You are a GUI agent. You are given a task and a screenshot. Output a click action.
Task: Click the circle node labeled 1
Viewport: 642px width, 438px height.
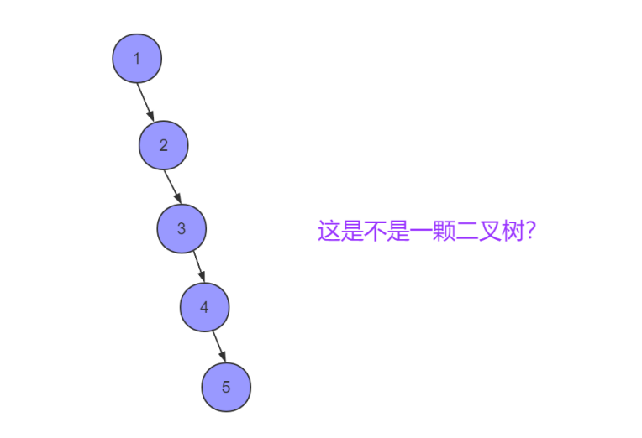pos(136,59)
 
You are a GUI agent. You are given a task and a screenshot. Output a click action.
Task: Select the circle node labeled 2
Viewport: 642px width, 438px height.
pos(163,145)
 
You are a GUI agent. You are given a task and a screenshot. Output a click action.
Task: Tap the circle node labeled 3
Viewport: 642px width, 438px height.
pos(182,228)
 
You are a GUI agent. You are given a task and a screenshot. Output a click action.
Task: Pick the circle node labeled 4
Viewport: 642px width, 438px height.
pos(204,308)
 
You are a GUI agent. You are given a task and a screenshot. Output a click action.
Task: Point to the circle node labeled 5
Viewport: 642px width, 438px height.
pos(226,388)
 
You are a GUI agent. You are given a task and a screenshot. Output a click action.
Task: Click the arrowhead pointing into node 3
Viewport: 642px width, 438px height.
pos(177,199)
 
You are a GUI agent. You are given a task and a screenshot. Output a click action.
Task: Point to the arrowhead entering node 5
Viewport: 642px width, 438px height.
pos(222,358)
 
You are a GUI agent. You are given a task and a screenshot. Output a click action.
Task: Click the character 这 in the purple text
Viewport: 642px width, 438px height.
pos(328,231)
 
